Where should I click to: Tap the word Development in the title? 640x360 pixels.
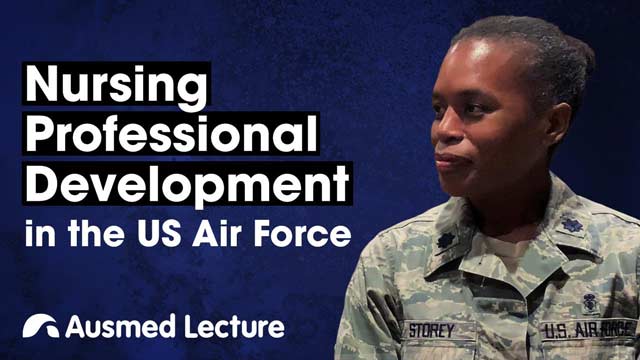187,183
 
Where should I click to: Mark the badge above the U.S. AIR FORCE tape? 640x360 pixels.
590,299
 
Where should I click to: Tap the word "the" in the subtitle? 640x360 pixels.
94,236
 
